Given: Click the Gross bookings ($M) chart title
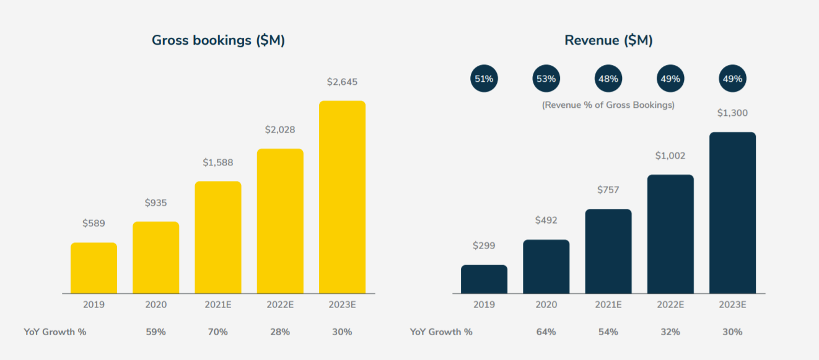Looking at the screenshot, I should pos(218,41).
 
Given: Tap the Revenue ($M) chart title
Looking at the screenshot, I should pos(608,41).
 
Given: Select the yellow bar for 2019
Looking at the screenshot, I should pos(94,268).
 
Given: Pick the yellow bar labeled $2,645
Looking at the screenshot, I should pos(342,197).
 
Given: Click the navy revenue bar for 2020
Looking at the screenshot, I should pos(546,266).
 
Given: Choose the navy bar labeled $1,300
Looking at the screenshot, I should pos(732,213).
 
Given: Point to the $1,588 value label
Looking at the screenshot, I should pos(218,163).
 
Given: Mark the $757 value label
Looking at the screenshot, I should pos(608,190).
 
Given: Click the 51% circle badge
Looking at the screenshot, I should pos(484,79).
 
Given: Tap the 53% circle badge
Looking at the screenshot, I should pos(546,79).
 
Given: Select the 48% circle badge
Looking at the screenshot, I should pos(608,79).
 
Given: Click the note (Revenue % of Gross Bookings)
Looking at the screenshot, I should pos(608,105).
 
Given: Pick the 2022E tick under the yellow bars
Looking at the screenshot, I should pos(280,305).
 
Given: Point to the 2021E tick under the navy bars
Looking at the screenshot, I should pos(608,305).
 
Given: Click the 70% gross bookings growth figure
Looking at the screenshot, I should pos(218,332).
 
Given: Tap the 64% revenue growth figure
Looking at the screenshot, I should pos(546,332).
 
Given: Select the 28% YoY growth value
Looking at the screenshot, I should pos(280,332).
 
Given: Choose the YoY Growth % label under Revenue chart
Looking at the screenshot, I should pos(441,332).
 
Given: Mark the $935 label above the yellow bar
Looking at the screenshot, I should pos(156,203).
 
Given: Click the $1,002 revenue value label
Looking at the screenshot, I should pos(670,156).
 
